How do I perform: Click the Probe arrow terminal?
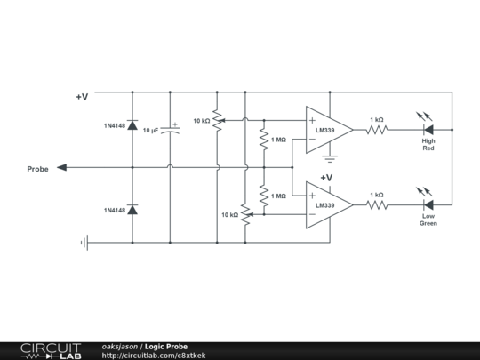(61, 167)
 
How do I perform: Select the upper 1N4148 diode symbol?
(132, 126)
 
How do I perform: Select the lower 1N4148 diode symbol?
(132, 210)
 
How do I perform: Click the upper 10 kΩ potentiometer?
(217, 121)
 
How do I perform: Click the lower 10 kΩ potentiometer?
(244, 214)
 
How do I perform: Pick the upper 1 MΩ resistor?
(263, 140)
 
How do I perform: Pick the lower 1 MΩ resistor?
(263, 195)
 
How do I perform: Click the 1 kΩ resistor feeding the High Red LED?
(377, 130)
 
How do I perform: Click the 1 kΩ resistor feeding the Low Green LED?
(377, 204)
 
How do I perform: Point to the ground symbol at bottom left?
(84, 242)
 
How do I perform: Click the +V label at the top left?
(82, 97)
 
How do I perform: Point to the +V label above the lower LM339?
(326, 178)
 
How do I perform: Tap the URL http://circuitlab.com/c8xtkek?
(154, 356)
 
